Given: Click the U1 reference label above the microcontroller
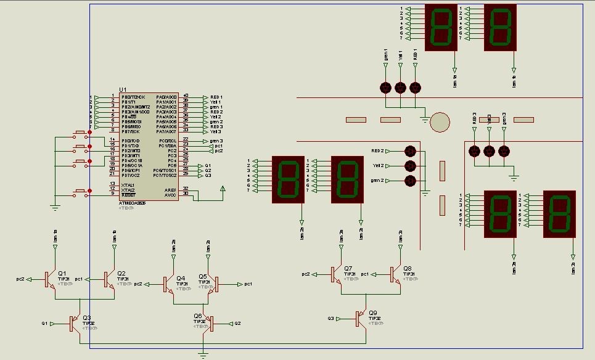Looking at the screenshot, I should coord(122,90).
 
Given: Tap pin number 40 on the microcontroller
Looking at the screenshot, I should coord(186,96).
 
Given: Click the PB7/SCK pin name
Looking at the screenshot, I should coord(130,131).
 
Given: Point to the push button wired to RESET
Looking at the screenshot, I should coord(80,193).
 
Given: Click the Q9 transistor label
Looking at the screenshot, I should coord(372,313).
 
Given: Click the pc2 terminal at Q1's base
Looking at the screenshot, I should coord(20,279).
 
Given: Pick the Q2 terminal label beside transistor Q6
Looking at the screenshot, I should coord(237,323).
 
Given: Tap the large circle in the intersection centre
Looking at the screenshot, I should coord(440,121).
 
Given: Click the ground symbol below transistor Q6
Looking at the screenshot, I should coord(203,354).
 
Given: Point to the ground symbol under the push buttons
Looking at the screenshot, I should coord(55,208).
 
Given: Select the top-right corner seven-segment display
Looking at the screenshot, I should coord(500,28).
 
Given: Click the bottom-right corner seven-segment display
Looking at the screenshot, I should coord(559,213).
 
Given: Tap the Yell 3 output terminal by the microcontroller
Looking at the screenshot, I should coord(215,131).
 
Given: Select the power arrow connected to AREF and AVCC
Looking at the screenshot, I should coord(223,188).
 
